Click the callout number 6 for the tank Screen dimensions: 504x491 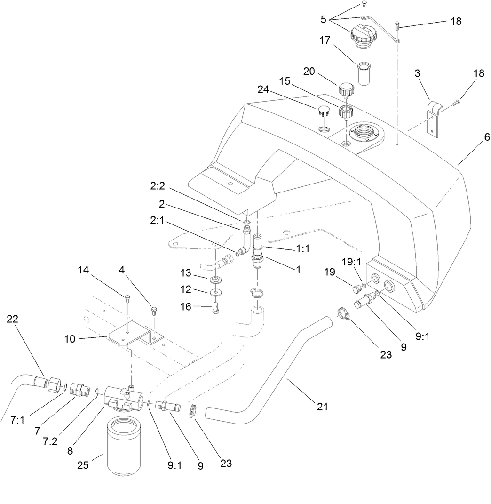[474, 137]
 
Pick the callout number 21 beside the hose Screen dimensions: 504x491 [322, 406]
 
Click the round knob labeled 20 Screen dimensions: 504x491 [346, 88]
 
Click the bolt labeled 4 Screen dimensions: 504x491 [153, 311]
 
